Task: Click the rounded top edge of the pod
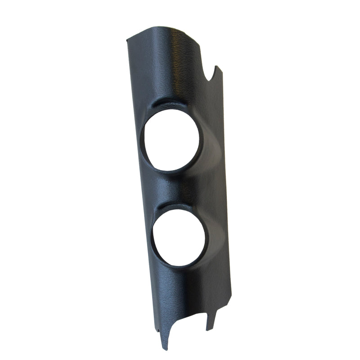pos(166,30)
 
